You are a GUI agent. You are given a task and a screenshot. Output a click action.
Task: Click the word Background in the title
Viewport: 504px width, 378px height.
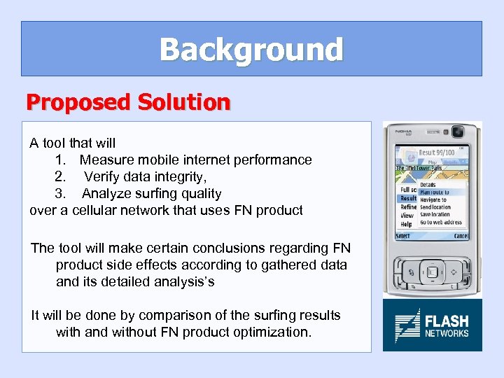[x=251, y=50]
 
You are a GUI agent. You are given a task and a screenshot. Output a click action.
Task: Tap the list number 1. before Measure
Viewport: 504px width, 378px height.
[x=61, y=160]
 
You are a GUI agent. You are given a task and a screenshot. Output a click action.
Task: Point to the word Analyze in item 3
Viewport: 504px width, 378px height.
[x=106, y=193]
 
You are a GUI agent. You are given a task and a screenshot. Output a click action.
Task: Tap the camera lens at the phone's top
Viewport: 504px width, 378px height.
[x=459, y=132]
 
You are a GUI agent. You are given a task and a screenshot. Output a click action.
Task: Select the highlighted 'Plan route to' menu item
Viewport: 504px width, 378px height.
[x=434, y=192]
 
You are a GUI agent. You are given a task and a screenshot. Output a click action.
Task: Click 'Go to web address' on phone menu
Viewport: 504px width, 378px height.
[x=440, y=223]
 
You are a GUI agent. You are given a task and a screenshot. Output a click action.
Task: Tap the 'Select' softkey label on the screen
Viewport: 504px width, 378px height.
[x=404, y=236]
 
